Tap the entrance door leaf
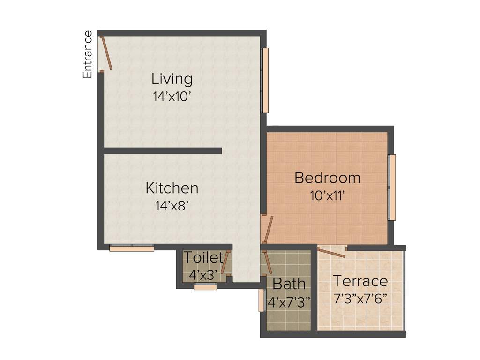click(x=107, y=53)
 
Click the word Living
click(x=172, y=79)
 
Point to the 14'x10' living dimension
click(x=172, y=97)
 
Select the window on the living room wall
click(x=265, y=80)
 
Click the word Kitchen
click(x=172, y=188)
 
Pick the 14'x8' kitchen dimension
click(x=172, y=206)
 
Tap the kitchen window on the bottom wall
click(x=132, y=248)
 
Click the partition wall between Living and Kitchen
click(x=162, y=150)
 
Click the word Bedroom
click(x=327, y=178)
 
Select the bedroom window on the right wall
click(x=392, y=187)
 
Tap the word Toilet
click(x=203, y=257)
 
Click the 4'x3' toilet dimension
click(x=203, y=275)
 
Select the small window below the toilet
click(x=205, y=287)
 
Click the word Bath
click(x=289, y=284)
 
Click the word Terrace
click(x=360, y=281)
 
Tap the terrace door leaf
click(x=332, y=252)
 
